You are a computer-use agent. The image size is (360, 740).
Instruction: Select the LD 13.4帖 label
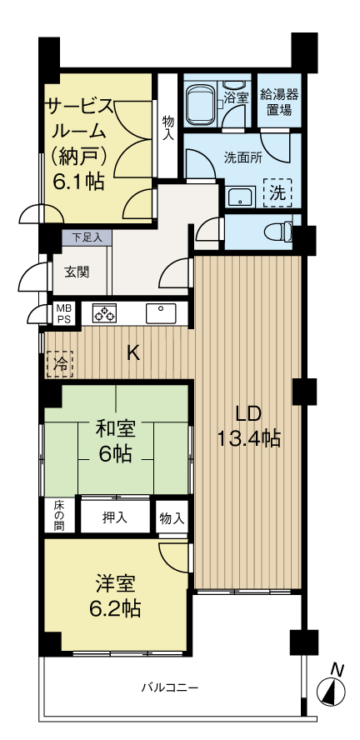click(248, 426)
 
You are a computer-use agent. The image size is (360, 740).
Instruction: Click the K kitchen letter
click(133, 352)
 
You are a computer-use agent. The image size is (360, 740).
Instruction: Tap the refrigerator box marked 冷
click(60, 363)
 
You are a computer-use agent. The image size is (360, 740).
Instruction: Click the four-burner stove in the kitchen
click(104, 313)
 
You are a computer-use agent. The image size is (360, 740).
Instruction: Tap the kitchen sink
click(160, 313)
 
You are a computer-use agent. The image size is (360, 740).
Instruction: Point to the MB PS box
click(63, 313)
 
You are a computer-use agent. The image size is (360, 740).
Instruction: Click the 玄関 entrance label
click(77, 272)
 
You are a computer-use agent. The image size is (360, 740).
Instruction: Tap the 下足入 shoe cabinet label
click(86, 237)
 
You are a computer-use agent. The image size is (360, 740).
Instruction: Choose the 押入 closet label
click(115, 517)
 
